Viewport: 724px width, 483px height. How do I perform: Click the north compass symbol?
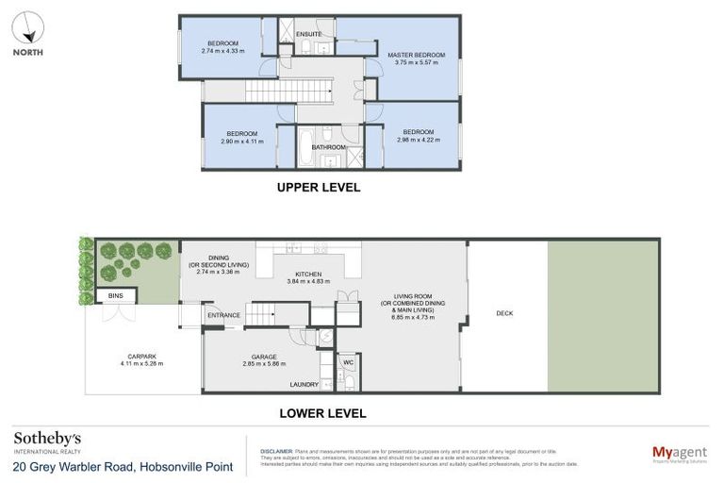click(28, 27)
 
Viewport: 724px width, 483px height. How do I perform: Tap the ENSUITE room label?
click(309, 34)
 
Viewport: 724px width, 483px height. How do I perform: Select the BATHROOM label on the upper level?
click(329, 147)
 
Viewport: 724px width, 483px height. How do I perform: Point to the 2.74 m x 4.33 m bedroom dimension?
click(222, 51)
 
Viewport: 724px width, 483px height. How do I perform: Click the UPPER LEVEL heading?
click(319, 187)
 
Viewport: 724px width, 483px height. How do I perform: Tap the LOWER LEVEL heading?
click(322, 413)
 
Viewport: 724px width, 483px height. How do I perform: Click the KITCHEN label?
click(304, 274)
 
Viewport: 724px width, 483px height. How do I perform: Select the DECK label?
click(505, 314)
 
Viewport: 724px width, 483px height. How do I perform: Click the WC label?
click(348, 360)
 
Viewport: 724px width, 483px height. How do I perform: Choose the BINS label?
click(115, 296)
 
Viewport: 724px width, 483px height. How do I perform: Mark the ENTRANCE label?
click(223, 315)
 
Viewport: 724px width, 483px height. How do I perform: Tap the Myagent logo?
click(680, 454)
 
